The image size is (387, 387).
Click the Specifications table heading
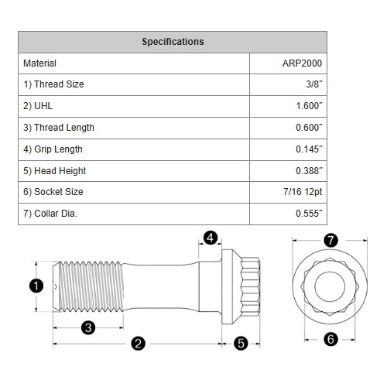[x=173, y=42]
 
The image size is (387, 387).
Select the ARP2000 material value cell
[x=302, y=63]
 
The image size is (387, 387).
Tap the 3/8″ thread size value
[x=314, y=84]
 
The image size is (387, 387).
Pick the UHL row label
[x=38, y=106]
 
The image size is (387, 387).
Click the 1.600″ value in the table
[x=309, y=106]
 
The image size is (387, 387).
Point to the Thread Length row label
[x=59, y=128]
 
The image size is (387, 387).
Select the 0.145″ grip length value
[x=309, y=149]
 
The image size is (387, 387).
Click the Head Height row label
[x=55, y=171]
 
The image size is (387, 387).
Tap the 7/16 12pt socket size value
[x=303, y=192]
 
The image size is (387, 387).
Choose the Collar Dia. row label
[x=50, y=214]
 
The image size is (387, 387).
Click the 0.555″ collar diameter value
[x=309, y=214]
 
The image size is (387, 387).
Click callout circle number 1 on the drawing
[x=36, y=286]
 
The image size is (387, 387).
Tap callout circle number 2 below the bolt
[x=138, y=344]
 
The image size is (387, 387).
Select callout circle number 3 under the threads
[x=88, y=327]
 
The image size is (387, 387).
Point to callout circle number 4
[x=211, y=238]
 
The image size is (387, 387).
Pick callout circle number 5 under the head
[x=241, y=344]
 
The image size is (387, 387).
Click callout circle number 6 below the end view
[x=330, y=339]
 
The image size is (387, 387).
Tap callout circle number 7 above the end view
[x=330, y=241]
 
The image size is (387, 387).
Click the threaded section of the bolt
[x=91, y=286]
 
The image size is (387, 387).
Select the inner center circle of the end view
[x=330, y=272]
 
